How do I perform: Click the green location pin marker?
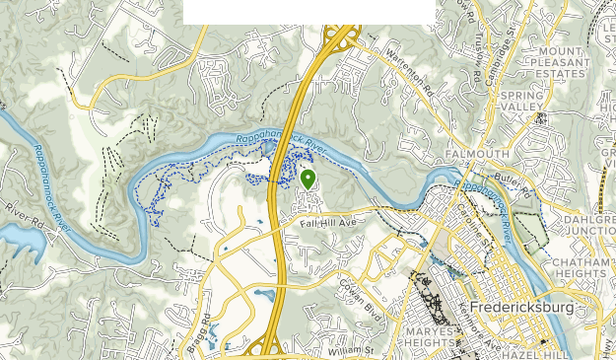[x=308, y=179]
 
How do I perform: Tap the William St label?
[x=353, y=349]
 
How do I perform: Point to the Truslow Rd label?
[x=474, y=61]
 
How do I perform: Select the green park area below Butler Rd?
[x=531, y=229]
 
